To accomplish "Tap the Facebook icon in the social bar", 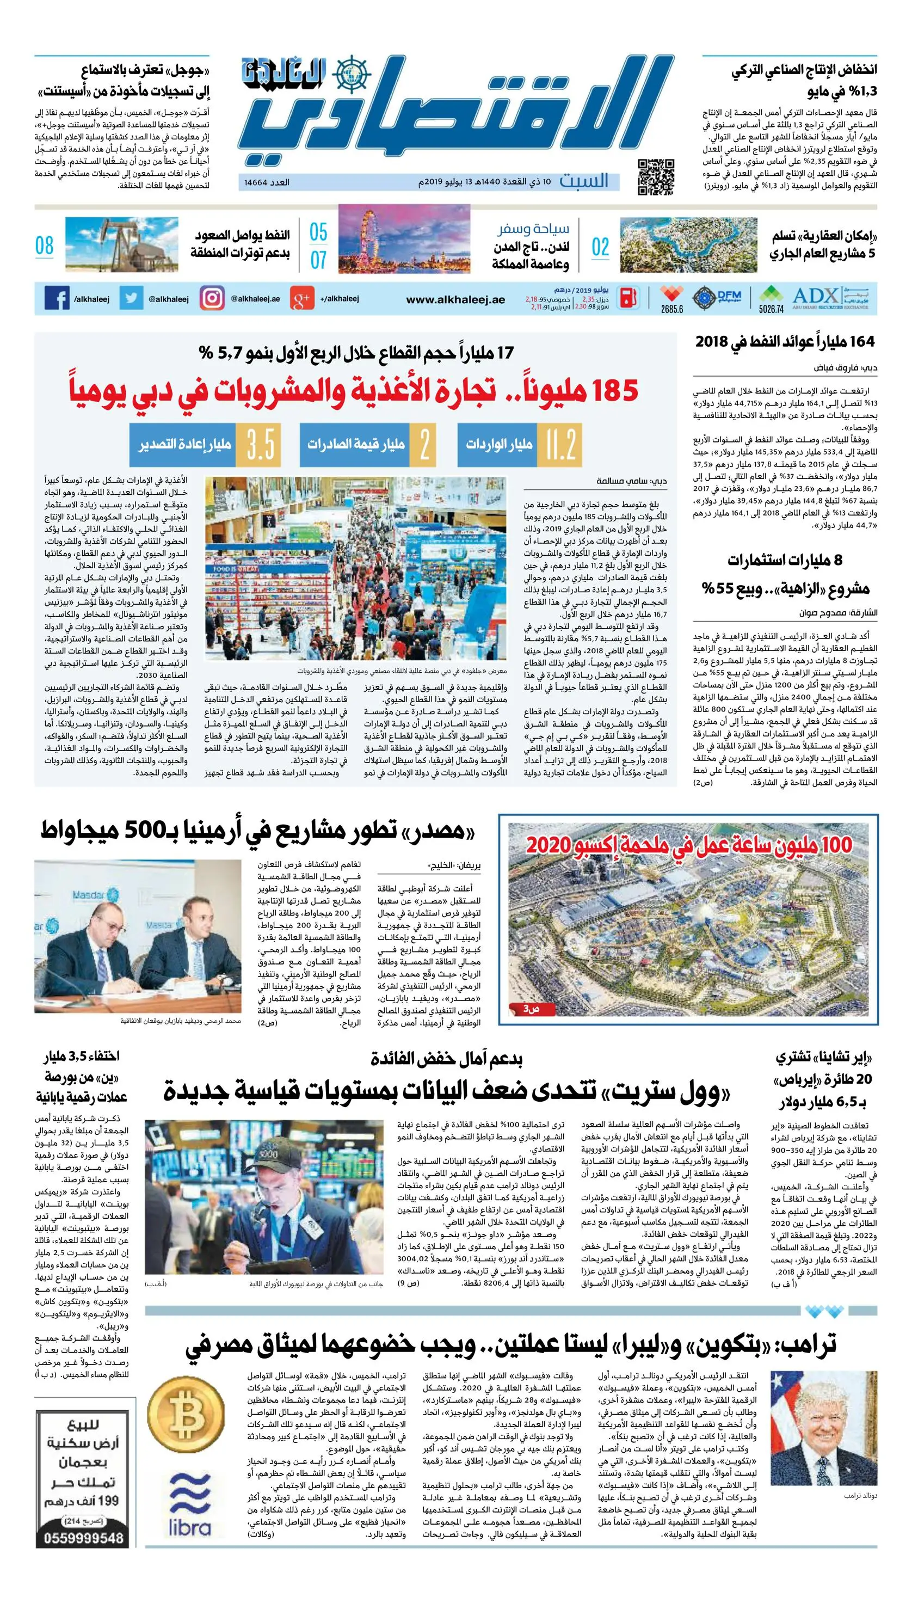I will pos(57,298).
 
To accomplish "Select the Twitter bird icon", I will pos(132,298).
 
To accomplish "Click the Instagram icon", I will pos(212,298).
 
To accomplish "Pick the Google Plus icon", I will pos(302,299).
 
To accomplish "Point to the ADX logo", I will pos(816,295).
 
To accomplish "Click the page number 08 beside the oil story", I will pos(45,245).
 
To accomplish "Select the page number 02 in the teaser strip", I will pos(600,246).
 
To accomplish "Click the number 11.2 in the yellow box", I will pos(560,444).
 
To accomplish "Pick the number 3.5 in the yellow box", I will pos(260,444).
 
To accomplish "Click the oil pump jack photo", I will pos(121,244).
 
